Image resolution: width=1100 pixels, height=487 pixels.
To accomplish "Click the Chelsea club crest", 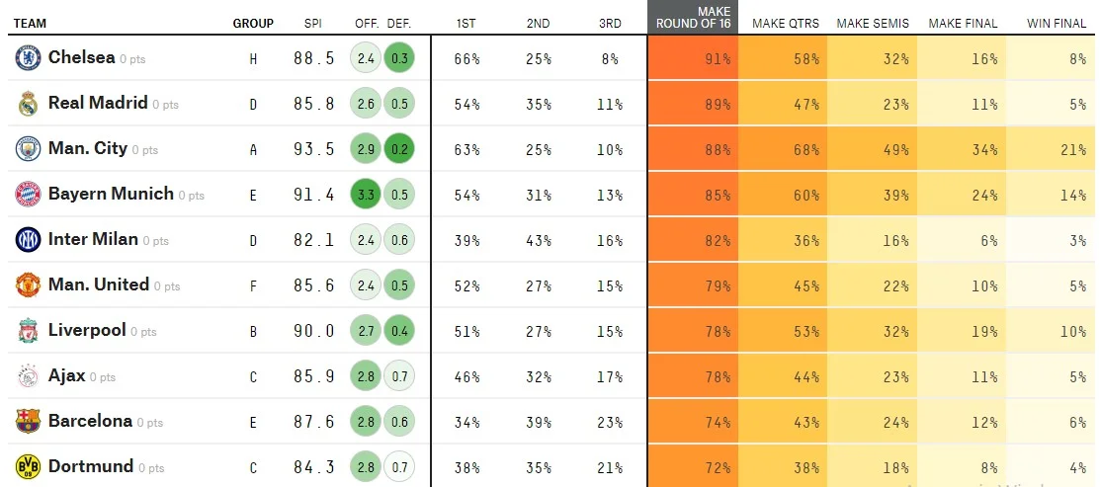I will click(x=28, y=58).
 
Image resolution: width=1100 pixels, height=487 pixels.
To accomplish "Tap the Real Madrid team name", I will click(x=97, y=103).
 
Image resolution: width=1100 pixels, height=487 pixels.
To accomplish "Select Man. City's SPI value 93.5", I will click(x=313, y=149).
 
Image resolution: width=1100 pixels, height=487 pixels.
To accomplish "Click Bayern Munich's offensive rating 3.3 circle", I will click(x=366, y=195).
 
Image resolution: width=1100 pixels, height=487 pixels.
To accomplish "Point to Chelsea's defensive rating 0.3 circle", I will click(x=399, y=58).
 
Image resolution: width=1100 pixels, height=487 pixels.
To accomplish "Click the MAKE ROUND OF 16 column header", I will click(x=693, y=18).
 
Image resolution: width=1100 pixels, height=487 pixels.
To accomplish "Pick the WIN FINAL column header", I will click(x=1057, y=23).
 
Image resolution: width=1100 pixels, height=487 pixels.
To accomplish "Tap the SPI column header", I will click(x=313, y=23).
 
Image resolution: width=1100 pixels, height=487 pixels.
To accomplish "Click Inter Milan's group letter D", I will click(x=253, y=240).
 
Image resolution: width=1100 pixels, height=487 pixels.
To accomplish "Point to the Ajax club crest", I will click(x=28, y=376).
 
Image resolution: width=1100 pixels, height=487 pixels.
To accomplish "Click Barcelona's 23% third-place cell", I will click(x=610, y=422).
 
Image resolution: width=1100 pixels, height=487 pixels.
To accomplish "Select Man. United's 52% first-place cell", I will click(x=466, y=285).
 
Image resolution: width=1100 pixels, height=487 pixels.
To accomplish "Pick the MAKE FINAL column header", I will click(x=963, y=23).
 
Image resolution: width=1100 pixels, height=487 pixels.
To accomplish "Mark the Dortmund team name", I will click(x=90, y=466).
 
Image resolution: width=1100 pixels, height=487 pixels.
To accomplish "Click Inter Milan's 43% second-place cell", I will click(x=539, y=240).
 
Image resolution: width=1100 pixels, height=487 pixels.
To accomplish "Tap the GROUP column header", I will click(x=253, y=23).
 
